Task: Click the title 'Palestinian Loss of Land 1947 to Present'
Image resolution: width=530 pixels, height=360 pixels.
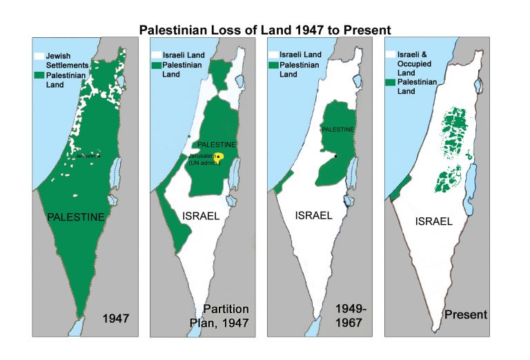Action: [x=265, y=30]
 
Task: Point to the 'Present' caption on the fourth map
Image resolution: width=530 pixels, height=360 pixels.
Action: [x=466, y=314]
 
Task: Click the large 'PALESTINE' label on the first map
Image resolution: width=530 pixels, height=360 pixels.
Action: [x=76, y=217]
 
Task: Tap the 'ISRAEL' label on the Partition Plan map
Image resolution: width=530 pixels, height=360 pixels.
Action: [x=201, y=215]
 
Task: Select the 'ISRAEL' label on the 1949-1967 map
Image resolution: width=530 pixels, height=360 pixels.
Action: [x=314, y=215]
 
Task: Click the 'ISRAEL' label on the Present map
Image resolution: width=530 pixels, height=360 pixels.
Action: [x=434, y=221]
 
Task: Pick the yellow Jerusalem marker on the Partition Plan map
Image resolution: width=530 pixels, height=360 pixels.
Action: [x=219, y=157]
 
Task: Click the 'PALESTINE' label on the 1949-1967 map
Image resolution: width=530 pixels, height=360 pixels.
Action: [x=338, y=129]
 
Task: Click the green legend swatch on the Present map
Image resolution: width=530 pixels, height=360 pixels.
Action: [x=391, y=81]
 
